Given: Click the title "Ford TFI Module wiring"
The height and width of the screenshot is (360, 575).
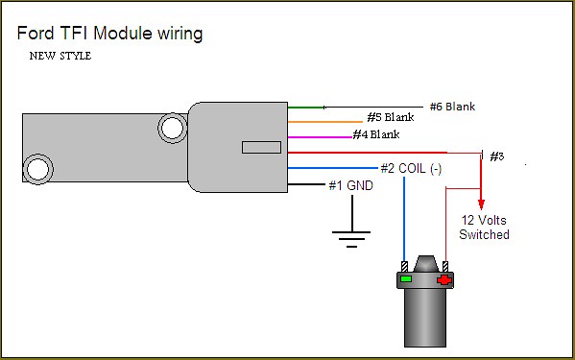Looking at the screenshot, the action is [x=109, y=34].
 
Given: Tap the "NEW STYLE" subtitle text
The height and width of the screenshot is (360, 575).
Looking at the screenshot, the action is [x=60, y=56].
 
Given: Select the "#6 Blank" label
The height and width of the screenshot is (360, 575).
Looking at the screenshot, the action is [x=452, y=107].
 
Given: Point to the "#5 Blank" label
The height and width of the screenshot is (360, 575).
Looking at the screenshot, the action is [x=391, y=117].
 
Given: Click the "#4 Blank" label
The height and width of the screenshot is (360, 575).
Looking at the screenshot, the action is [x=376, y=134].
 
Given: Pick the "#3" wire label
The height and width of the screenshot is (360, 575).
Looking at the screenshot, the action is [x=497, y=156].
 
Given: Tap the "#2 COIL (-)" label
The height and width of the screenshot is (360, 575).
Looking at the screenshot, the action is [x=411, y=169].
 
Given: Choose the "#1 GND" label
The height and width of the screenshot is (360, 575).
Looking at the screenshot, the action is [x=351, y=185].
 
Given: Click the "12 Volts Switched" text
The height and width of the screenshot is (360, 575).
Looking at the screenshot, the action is [x=484, y=228].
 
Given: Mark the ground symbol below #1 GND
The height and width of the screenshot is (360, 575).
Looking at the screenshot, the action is [x=351, y=232].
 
